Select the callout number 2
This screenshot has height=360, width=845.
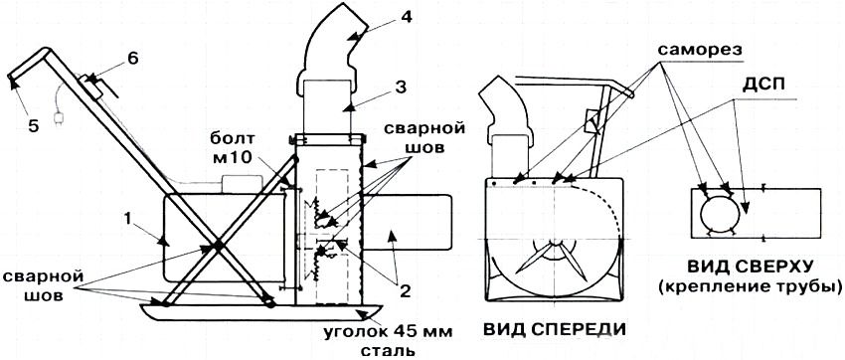pos(405,291)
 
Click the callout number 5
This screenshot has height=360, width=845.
pos(34,128)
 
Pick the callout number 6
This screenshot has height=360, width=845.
pos(132,59)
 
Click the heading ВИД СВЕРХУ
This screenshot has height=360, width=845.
pos(750,268)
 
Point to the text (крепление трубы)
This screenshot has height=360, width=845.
pos(750,285)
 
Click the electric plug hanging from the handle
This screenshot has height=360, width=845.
pos(57,118)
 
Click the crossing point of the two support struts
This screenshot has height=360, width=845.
pos(218,247)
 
